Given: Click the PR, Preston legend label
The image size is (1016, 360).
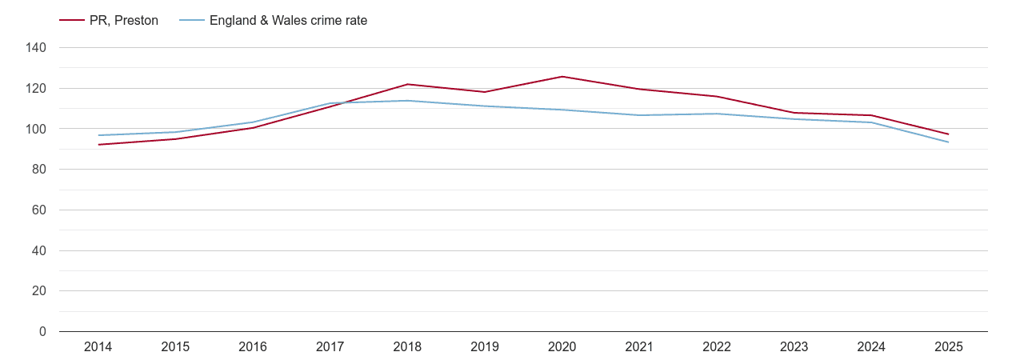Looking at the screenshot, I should pyautogui.click(x=123, y=21).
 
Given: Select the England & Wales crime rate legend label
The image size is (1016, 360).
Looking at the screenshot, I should pyautogui.click(x=288, y=21).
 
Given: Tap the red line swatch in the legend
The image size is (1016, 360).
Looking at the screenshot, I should pyautogui.click(x=71, y=21).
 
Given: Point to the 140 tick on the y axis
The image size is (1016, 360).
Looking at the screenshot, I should pyautogui.click(x=37, y=48).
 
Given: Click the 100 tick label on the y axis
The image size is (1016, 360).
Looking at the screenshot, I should pyautogui.click(x=37, y=129).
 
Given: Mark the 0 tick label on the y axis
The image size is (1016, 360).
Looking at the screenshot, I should pyautogui.click(x=43, y=332).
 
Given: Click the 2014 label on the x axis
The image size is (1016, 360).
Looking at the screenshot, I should pyautogui.click(x=98, y=347).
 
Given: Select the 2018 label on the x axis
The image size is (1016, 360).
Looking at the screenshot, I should pyautogui.click(x=407, y=347).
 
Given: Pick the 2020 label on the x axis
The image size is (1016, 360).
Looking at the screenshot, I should pyautogui.click(x=562, y=347).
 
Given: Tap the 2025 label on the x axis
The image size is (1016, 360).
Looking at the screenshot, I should pyautogui.click(x=949, y=347).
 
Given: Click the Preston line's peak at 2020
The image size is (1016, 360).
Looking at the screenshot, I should pyautogui.click(x=562, y=77).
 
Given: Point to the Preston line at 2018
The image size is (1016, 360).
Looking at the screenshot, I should pyautogui.click(x=407, y=84).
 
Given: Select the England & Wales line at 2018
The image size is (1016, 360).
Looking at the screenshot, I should pyautogui.click(x=407, y=101).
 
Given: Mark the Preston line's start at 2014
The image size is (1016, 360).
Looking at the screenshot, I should pyautogui.click(x=98, y=145).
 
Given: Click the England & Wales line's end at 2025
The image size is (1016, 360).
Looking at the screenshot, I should pyautogui.click(x=949, y=142).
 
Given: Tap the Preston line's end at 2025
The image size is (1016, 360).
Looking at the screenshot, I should pyautogui.click(x=949, y=134).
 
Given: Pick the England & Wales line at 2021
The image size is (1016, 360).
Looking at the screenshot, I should pyautogui.click(x=639, y=115).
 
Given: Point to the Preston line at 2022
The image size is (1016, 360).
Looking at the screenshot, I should pyautogui.click(x=717, y=97).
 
